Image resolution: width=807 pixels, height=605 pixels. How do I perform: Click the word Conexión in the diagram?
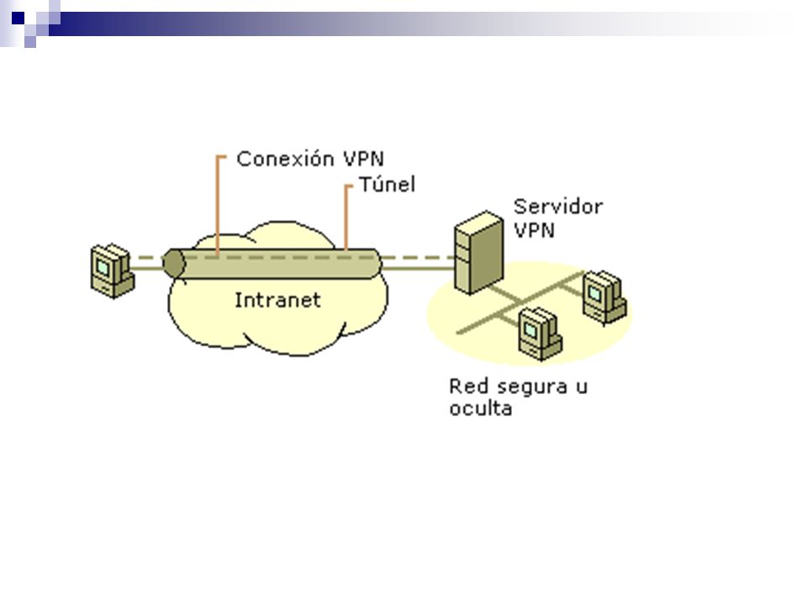pos(285,159)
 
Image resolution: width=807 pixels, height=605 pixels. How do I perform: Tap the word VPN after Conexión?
pos(364,159)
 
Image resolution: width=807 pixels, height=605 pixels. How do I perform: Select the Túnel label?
pos(387,184)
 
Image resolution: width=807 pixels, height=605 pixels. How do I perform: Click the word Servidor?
pos(558,207)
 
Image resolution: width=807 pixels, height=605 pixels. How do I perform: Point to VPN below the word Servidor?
pos(535,229)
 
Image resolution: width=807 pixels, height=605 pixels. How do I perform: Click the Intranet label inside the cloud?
pos(277,300)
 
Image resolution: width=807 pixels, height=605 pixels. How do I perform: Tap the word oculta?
pos(481,408)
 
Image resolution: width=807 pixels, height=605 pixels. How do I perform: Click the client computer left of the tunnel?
pos(112,271)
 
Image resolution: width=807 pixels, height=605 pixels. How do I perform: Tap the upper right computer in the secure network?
pos(604,297)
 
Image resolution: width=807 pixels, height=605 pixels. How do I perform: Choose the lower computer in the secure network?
pos(540,334)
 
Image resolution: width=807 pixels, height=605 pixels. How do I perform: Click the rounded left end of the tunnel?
pos(173,263)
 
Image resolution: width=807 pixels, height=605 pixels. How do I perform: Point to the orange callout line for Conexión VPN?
pos(219,205)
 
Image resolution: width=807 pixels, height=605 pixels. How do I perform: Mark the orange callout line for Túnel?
pos(346,218)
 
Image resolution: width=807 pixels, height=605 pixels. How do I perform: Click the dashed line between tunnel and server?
pos(418,257)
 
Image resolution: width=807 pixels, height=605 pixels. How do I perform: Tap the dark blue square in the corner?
pos(18,18)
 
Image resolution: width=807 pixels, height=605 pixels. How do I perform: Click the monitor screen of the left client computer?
pos(103,267)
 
